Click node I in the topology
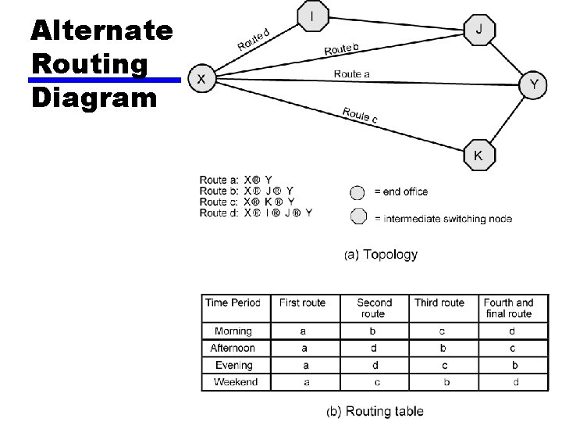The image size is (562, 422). (x=314, y=16)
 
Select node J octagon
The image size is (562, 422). (x=478, y=29)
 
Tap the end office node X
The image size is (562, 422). (x=201, y=79)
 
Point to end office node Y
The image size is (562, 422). (x=534, y=86)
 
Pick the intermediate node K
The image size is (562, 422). (x=478, y=156)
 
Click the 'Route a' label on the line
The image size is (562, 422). (x=352, y=74)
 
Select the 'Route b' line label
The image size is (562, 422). (x=342, y=49)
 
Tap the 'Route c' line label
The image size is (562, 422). (x=360, y=115)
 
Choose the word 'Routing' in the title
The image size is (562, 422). (x=89, y=64)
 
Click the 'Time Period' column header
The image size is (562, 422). (x=233, y=302)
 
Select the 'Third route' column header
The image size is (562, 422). (x=439, y=302)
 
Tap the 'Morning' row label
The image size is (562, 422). (x=233, y=331)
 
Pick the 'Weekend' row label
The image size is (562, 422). (x=235, y=382)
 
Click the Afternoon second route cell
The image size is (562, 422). (x=374, y=348)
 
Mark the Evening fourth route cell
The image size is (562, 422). (x=514, y=365)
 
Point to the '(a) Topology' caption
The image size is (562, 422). (x=381, y=255)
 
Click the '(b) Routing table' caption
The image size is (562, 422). (x=375, y=411)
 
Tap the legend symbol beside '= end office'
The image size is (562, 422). (x=357, y=192)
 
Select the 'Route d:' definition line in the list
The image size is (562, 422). (x=255, y=213)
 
